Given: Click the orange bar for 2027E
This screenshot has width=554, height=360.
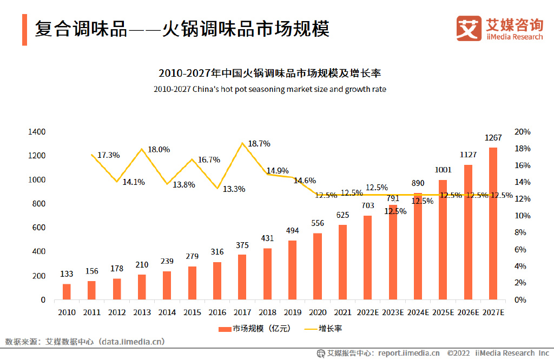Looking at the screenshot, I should point(493,223).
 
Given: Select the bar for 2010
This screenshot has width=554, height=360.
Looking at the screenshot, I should point(67,291).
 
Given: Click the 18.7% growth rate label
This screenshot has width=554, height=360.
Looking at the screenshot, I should point(259,144).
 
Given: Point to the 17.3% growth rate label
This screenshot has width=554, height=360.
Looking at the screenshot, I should point(108,155).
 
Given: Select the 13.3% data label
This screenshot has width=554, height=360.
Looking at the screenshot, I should point(234,189).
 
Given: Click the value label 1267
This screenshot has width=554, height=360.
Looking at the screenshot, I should point(493,137).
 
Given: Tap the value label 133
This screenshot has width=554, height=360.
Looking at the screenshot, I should point(67,274).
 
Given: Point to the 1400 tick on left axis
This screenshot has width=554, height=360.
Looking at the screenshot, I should point(37,132).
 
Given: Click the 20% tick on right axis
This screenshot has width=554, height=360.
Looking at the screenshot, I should point(523,132).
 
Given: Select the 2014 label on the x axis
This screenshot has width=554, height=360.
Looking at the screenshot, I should point(167,312).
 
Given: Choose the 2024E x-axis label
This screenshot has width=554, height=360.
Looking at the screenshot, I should point(418,312).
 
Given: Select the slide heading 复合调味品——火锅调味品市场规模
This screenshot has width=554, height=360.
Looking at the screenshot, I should point(182,29).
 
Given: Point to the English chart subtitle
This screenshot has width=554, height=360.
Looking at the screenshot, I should point(269,89).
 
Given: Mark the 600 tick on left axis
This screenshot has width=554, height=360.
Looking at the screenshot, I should point(39,228).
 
